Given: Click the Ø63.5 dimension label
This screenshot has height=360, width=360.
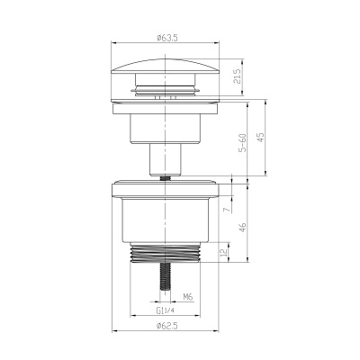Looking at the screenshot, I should (165, 39).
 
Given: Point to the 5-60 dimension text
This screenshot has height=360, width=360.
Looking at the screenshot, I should (242, 143).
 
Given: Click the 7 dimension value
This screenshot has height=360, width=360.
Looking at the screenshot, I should (226, 209).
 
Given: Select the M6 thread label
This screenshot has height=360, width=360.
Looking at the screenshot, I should (188, 296).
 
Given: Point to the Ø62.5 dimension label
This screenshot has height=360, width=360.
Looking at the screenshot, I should (165, 325).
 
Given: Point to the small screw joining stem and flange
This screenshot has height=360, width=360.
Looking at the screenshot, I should (165, 178).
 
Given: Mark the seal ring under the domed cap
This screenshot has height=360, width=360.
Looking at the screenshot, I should (165, 91).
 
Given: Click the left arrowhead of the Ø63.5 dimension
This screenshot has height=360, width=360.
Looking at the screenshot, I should (113, 43).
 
